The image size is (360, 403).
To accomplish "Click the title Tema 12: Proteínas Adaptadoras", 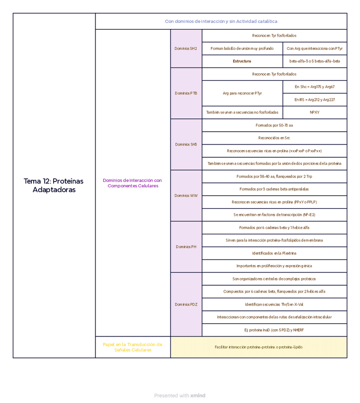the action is (54, 185).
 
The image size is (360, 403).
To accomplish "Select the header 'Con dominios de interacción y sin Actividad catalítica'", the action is (221, 21).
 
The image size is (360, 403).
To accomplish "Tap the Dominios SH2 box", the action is (186, 48).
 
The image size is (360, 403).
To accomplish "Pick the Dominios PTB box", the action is (186, 93).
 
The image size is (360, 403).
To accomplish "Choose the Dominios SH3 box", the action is (186, 144).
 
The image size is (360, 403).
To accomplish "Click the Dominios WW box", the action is (186, 195).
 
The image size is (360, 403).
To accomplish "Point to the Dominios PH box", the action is (186, 247).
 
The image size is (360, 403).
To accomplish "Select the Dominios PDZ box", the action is (186, 304).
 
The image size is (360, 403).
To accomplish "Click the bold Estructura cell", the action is (242, 61).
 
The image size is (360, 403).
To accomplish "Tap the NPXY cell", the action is (314, 113).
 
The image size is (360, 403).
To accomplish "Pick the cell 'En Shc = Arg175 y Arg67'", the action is (314, 87).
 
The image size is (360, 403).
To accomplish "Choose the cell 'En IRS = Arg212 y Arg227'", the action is (314, 100).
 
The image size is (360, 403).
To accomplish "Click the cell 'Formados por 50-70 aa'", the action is (274, 125).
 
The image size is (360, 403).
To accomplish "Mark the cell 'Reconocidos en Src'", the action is (274, 138).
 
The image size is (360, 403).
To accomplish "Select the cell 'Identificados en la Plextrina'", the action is (274, 253).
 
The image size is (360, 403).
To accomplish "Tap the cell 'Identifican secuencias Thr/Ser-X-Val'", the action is (274, 304).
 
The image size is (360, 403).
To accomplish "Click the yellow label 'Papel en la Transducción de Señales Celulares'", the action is (133, 347).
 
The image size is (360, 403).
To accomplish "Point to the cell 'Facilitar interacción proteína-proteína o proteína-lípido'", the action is (258, 347).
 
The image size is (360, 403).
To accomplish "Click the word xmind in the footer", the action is (198, 395).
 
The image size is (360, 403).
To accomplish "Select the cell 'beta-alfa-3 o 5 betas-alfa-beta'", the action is (314, 61).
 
